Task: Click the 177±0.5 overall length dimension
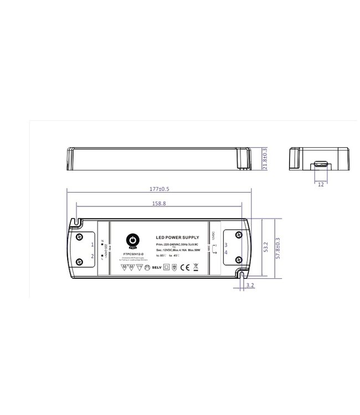158,189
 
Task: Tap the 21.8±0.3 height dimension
265,159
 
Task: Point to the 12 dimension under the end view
321,185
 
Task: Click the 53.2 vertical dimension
265,246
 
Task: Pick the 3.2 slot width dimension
249,286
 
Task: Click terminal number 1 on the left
92,244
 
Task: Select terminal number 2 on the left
92,256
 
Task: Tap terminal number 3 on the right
226,244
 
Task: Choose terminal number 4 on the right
226,252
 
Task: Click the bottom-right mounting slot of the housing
242,272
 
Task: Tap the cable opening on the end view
320,164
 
